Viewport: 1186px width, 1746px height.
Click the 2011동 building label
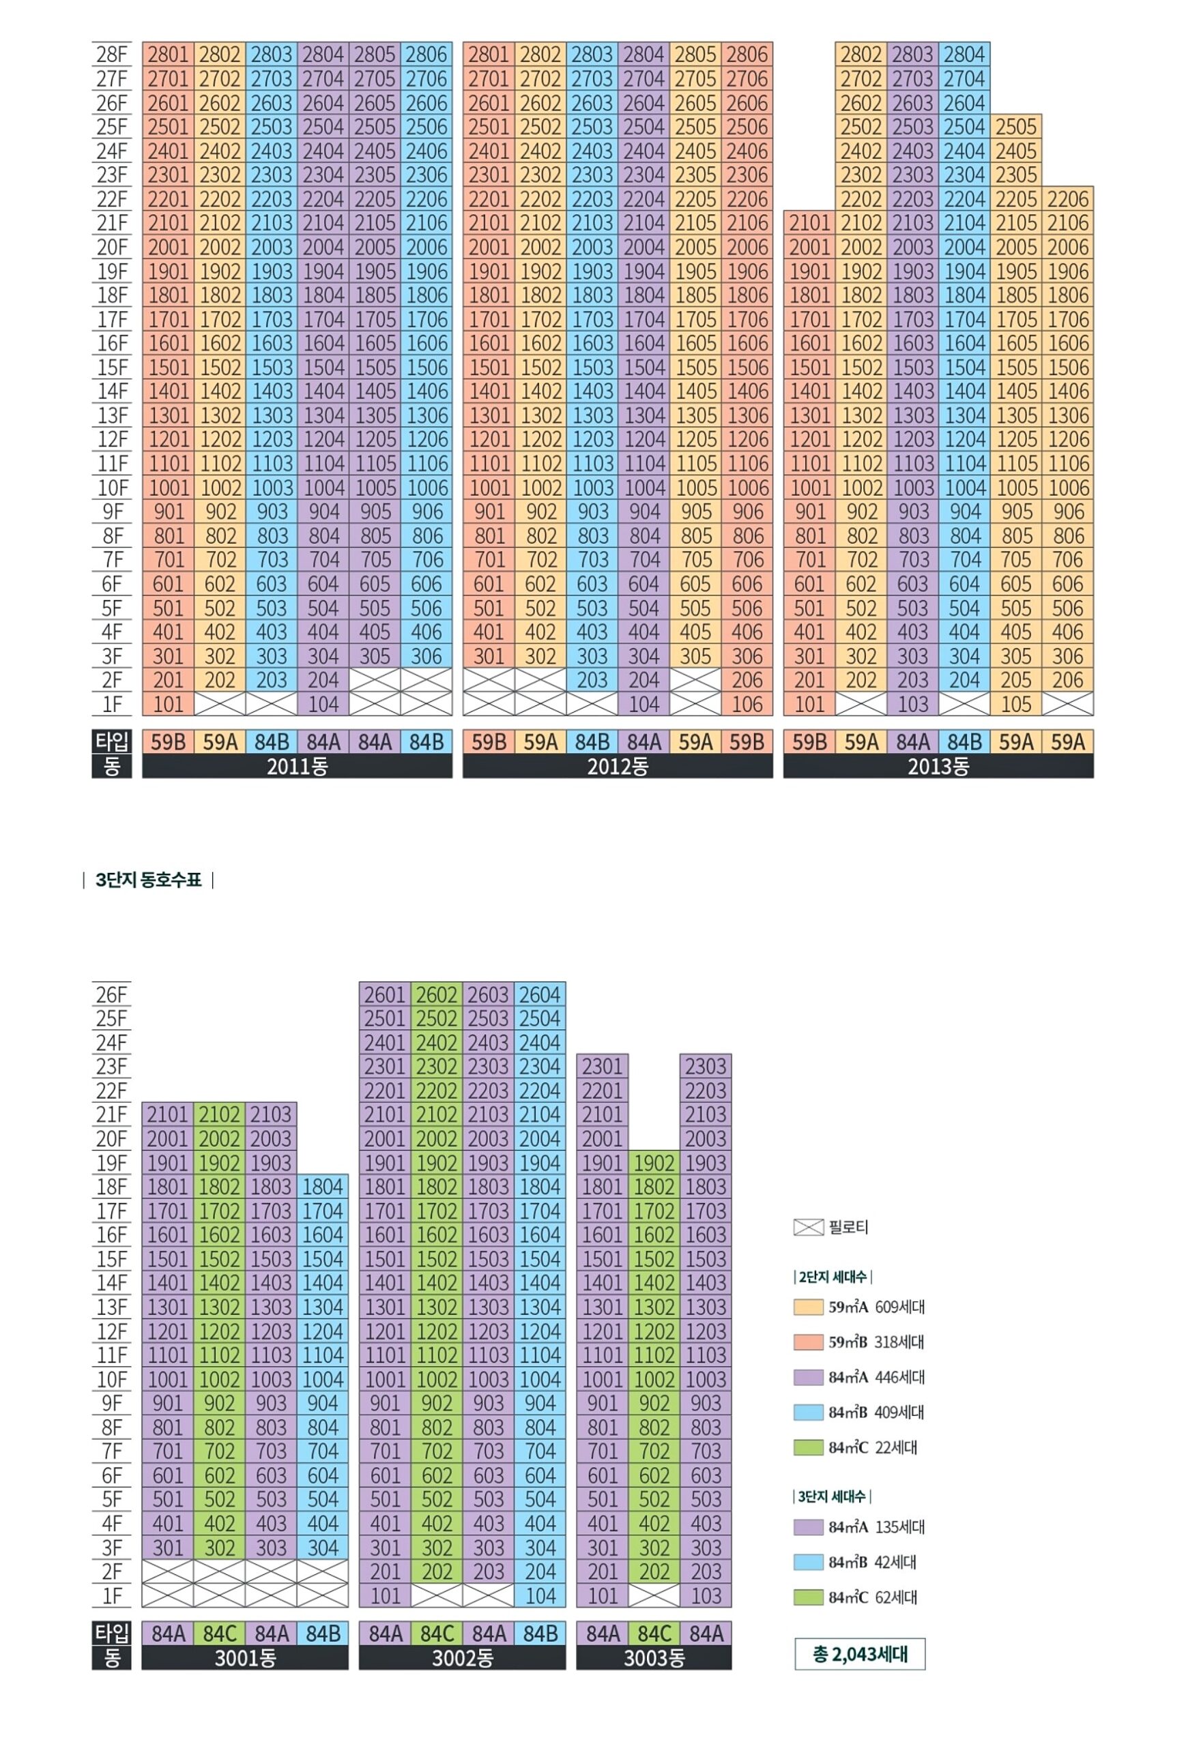(x=297, y=767)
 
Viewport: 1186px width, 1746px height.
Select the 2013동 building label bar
(x=938, y=767)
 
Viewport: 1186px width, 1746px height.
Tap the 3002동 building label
(x=462, y=1657)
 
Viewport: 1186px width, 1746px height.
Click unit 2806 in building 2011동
(x=426, y=54)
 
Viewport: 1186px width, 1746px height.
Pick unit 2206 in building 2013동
(x=1068, y=199)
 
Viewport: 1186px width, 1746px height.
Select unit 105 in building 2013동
(x=1016, y=704)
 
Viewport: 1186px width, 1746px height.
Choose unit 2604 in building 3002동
(x=540, y=994)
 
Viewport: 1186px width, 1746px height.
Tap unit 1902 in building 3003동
(x=654, y=1162)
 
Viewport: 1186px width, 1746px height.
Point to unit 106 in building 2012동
(x=747, y=704)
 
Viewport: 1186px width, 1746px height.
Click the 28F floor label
(x=111, y=54)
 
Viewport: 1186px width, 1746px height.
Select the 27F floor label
(x=111, y=78)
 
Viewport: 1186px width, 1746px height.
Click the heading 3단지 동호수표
(x=149, y=880)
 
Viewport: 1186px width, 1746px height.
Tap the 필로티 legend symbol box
(x=808, y=1227)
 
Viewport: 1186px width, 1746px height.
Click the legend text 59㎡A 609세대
(x=876, y=1307)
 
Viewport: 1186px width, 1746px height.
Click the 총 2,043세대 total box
(x=860, y=1654)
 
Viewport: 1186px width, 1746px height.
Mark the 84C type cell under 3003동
(x=654, y=1633)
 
